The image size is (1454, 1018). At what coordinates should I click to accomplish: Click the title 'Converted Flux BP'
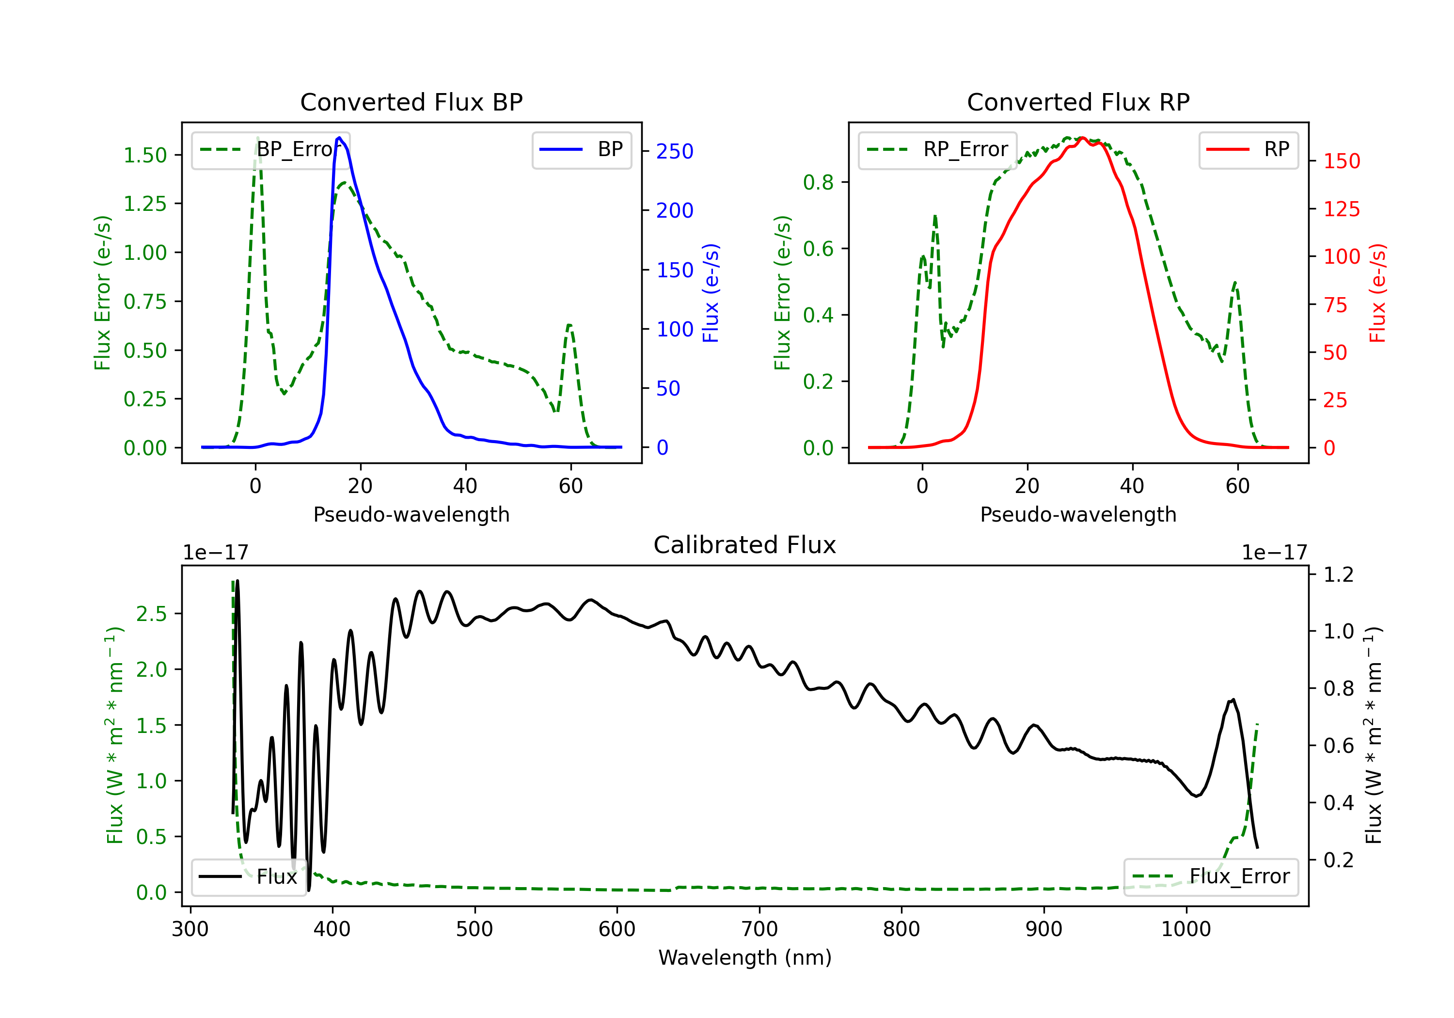pyautogui.click(x=411, y=102)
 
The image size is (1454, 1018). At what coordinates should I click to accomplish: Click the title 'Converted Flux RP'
pyautogui.click(x=1078, y=102)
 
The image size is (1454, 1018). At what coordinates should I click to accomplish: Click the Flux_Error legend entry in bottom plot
pyautogui.click(x=1210, y=877)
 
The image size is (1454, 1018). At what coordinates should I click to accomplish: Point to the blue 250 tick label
pyautogui.click(x=675, y=151)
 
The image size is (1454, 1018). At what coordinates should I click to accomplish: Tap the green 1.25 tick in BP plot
pyautogui.click(x=144, y=204)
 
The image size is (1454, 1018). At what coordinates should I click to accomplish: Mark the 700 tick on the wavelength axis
pyautogui.click(x=759, y=929)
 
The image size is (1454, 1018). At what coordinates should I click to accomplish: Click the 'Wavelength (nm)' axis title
pyautogui.click(x=745, y=958)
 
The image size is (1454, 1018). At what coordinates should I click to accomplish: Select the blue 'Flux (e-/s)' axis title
pyautogui.click(x=711, y=293)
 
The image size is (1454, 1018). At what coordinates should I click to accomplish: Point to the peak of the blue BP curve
pyautogui.click(x=339, y=138)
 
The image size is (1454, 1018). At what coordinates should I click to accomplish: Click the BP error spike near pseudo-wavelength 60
pyautogui.click(x=570, y=326)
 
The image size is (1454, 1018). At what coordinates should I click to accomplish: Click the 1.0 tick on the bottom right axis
pyautogui.click(x=1339, y=632)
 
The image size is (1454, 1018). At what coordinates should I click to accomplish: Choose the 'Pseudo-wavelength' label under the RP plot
pyautogui.click(x=1078, y=514)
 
